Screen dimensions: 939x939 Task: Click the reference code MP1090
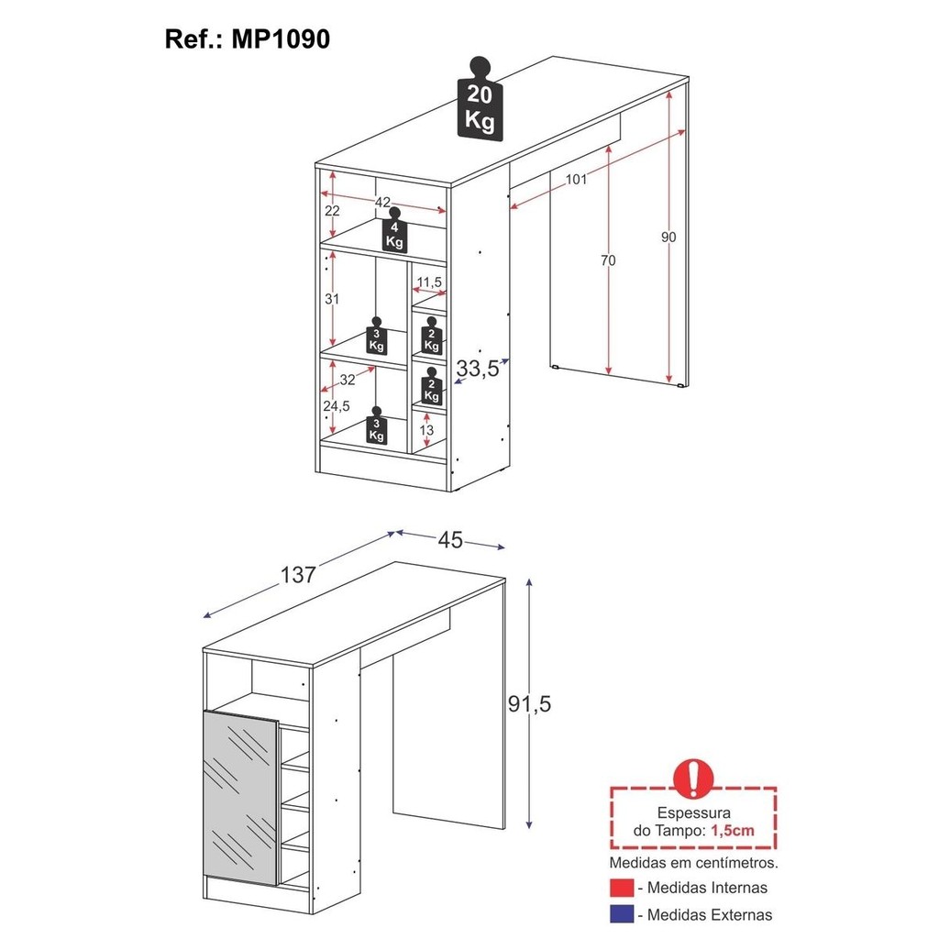(281, 39)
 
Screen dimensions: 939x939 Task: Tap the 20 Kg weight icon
(479, 99)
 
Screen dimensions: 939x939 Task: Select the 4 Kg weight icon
(394, 230)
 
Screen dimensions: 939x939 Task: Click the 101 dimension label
(576, 179)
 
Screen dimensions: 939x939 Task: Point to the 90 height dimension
(668, 238)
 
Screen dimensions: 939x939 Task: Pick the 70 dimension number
(608, 260)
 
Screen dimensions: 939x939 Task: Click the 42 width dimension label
(382, 203)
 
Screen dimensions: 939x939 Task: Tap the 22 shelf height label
(332, 211)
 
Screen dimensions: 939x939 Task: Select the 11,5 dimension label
(429, 282)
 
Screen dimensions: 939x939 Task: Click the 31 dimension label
(332, 299)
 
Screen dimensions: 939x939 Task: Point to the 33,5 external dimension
(477, 369)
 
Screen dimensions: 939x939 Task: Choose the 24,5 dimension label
(337, 406)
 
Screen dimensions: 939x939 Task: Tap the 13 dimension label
(426, 430)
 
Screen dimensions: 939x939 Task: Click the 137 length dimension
(298, 575)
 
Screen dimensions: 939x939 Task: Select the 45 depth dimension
(450, 540)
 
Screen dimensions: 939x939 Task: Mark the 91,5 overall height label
(529, 703)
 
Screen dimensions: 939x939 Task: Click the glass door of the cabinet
(241, 797)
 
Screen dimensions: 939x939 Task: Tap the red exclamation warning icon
(693, 778)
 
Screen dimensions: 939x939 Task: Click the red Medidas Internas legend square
(622, 887)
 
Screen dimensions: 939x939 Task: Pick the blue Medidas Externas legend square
(622, 914)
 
